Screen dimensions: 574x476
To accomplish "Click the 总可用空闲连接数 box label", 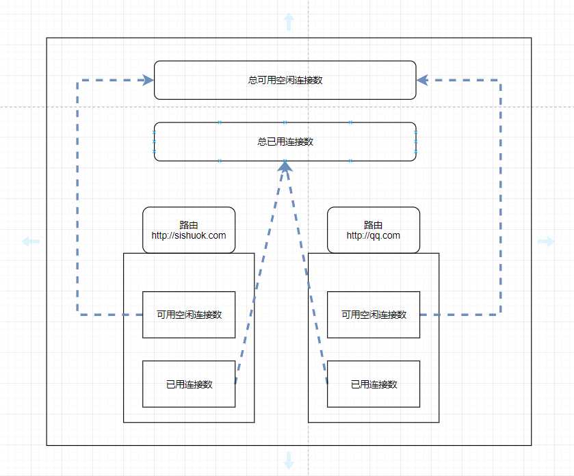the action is coord(285,80).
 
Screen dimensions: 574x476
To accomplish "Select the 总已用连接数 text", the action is coord(285,142).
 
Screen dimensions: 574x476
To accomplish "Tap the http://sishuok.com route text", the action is coord(189,235).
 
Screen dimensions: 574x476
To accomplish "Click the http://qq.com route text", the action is coord(374,235).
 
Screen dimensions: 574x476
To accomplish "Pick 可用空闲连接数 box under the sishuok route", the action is coord(189,315).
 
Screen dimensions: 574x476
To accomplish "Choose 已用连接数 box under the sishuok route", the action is coord(189,384).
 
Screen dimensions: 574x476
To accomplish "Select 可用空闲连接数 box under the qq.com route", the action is coord(374,315).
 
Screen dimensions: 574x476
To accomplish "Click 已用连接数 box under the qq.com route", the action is coord(374,384).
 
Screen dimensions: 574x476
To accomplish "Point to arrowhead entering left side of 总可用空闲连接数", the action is coord(148,80).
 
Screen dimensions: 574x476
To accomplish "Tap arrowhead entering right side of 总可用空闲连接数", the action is coord(422,80).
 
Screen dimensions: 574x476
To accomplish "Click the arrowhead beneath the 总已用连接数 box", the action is coord(285,166).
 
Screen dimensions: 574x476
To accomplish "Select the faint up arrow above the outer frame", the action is coord(289,22).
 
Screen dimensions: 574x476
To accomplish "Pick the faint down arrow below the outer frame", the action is coord(289,460).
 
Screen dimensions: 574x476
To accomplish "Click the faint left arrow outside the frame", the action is coord(31,241).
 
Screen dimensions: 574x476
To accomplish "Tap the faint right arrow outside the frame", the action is coord(546,241).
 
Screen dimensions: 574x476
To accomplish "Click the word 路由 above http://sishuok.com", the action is coord(189,224).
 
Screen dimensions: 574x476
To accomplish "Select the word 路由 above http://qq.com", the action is coord(374,224).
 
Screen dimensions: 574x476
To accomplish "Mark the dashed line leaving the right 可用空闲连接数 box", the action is coord(500,198).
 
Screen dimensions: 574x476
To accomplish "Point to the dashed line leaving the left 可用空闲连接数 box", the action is coord(77,198).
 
